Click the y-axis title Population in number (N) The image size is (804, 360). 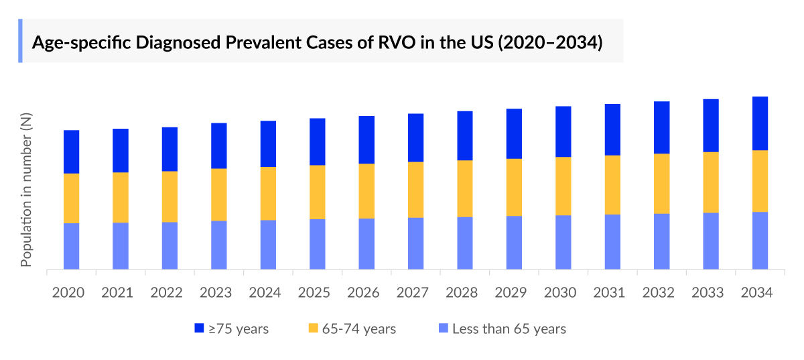coord(26,190)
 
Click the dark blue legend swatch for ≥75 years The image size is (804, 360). coord(199,328)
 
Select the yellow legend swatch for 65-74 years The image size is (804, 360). coord(313,328)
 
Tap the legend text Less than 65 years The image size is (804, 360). coord(509,328)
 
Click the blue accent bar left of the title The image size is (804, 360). coord(20,41)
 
